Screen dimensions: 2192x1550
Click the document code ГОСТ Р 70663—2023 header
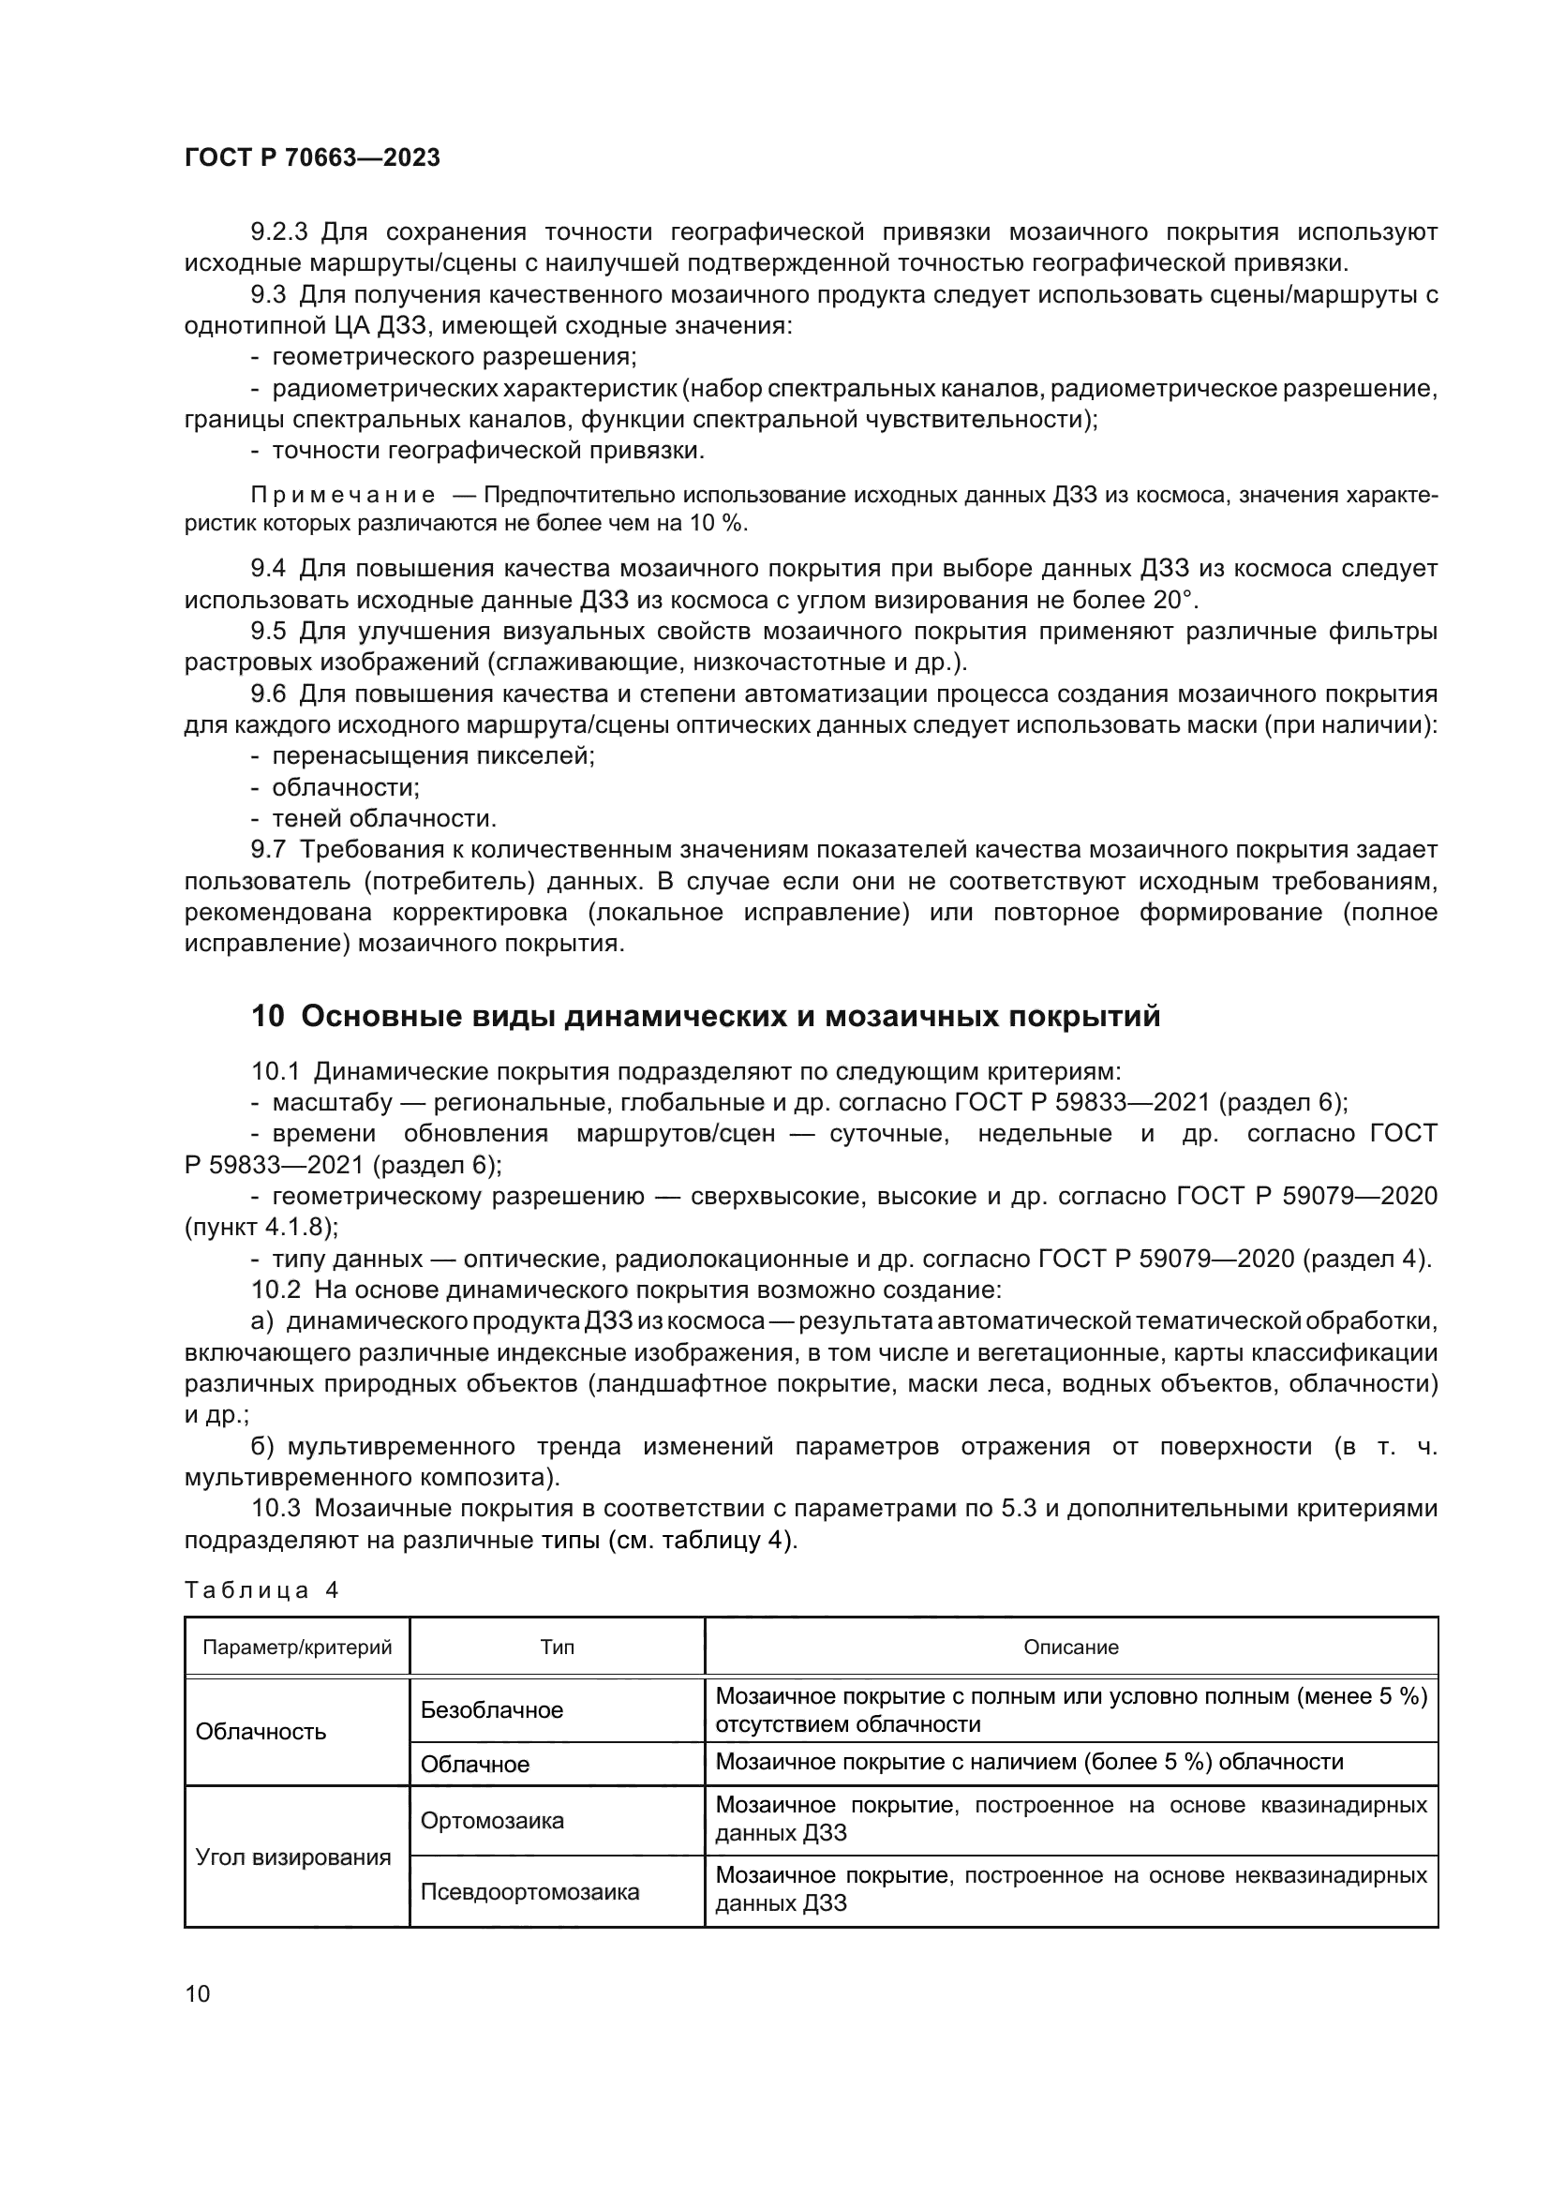pos(312,158)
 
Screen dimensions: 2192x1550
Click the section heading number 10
pos(267,1017)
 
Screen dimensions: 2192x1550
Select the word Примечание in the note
pos(343,496)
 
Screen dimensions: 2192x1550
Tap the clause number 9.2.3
pos(279,232)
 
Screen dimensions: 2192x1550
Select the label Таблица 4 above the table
pos(261,1590)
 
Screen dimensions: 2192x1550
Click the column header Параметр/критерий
pos(297,1647)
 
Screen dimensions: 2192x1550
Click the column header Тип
pos(558,1647)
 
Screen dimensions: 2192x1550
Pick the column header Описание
pos(1071,1647)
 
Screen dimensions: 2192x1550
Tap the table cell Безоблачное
pos(492,1710)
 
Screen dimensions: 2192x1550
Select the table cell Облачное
pos(474,1765)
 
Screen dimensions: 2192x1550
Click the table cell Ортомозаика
pos(492,1821)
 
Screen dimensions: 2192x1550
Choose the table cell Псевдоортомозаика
pos(529,1892)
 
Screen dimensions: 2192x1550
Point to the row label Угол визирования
pos(293,1856)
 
